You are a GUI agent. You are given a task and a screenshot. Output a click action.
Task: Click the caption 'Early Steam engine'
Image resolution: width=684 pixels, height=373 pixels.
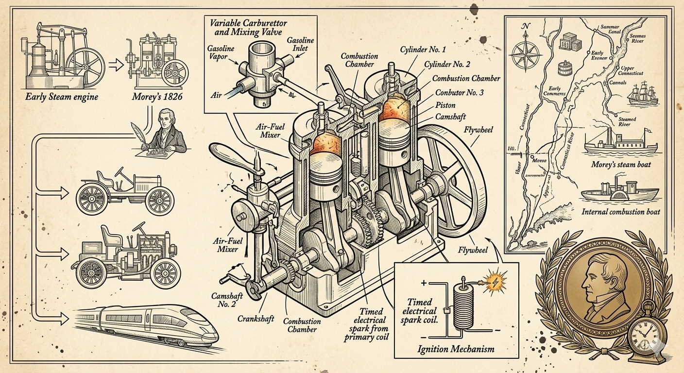point(62,97)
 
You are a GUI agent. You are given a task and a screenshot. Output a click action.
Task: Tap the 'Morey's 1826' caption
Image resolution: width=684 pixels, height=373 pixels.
point(157,97)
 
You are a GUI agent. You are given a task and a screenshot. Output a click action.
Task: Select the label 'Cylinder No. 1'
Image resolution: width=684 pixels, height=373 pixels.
point(430,50)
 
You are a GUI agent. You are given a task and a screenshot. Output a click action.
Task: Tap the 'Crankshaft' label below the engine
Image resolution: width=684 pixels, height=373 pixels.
point(256,319)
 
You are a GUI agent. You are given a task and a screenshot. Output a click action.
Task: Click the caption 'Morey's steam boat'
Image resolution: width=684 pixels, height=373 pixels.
point(620,165)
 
